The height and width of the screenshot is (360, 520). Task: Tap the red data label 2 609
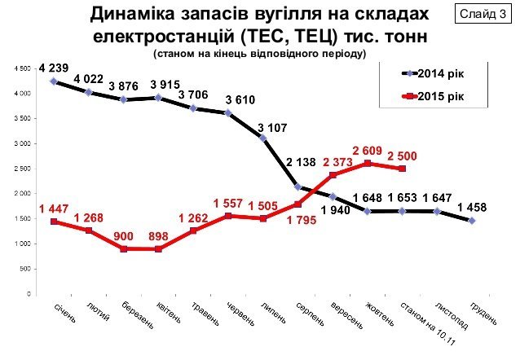367,150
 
